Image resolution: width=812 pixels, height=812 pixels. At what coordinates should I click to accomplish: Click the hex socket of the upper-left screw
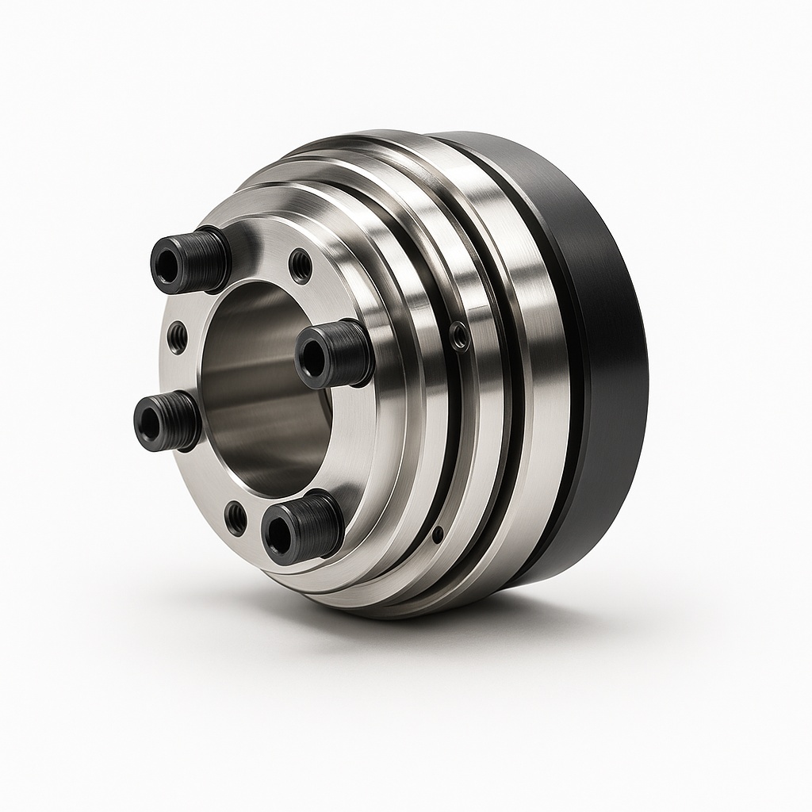coord(168,265)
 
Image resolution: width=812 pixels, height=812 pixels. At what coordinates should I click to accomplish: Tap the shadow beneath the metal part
coord(476,626)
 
